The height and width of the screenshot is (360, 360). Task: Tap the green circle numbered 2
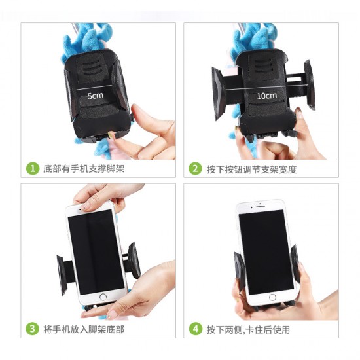click(195, 169)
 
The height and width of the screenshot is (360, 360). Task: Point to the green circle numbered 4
click(195, 329)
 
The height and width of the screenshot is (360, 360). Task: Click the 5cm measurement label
click(96, 95)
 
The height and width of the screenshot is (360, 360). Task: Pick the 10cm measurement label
click(266, 95)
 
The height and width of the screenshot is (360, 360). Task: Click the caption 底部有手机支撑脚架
click(84, 169)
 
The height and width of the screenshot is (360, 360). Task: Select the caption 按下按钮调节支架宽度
click(252, 169)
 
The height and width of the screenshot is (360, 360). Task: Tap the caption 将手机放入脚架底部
click(84, 329)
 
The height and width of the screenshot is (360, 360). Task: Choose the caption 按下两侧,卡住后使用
click(248, 329)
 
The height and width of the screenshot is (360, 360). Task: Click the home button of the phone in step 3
click(102, 297)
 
